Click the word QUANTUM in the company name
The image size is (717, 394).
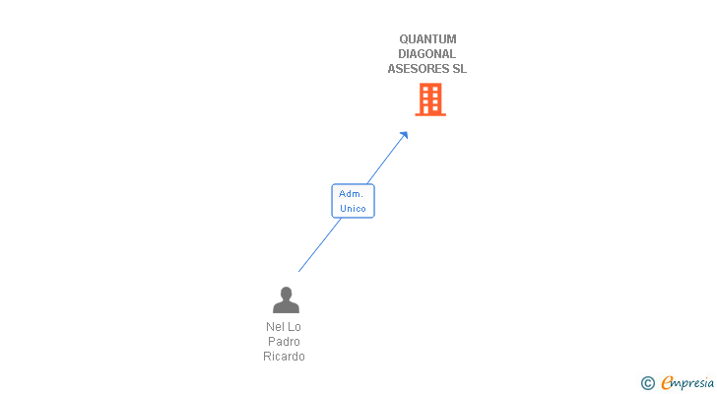pos(427,39)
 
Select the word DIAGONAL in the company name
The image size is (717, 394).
pos(427,54)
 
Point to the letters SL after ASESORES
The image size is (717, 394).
pos(459,69)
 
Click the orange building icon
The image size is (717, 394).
pos(430,99)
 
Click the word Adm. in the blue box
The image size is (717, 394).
pos(352,194)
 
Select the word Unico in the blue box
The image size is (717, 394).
pos(353,208)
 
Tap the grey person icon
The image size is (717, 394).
pos(286,299)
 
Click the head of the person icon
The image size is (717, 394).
pos(286,293)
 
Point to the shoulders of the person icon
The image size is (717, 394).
pos(286,307)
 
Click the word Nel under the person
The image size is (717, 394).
pos(275,327)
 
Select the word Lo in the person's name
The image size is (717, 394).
pos(294,327)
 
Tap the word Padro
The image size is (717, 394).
pos(284,342)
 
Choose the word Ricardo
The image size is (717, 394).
pos(284,357)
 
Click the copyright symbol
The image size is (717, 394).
pos(647,383)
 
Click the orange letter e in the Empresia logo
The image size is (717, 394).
pos(668,383)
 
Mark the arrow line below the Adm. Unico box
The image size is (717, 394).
pos(319,245)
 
